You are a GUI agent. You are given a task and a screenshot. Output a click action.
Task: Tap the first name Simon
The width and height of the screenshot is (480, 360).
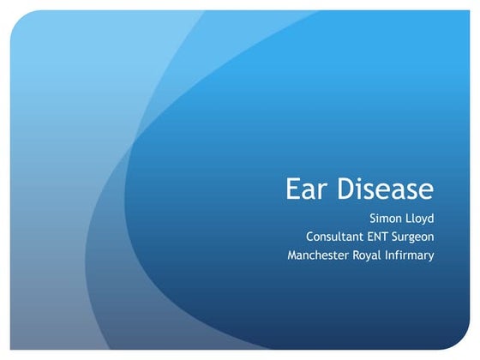[x=387, y=218]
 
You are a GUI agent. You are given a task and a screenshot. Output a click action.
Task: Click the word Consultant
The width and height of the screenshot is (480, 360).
[x=337, y=237]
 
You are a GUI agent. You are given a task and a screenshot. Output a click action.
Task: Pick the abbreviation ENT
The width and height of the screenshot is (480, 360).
[x=383, y=237]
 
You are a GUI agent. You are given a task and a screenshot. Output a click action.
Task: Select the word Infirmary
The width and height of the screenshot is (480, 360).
[x=416, y=256]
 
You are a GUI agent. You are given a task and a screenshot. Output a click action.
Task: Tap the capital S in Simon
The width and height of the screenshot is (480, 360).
[x=372, y=218]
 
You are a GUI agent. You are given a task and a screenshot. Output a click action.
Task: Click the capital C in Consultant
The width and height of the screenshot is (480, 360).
[x=309, y=237]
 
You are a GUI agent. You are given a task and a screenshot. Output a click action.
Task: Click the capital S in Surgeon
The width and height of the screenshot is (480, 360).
[x=399, y=237]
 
